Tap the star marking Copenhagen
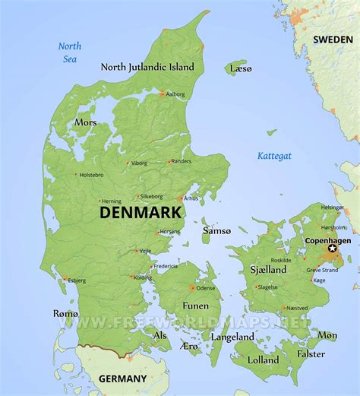point(332,248)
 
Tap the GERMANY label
point(122,378)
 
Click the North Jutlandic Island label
point(147,67)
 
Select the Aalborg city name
point(175,94)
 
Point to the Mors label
point(85,122)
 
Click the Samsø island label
point(216,230)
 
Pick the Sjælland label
point(268,269)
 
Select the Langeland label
point(232,335)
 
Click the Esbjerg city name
point(77,280)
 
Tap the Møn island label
point(327,334)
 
